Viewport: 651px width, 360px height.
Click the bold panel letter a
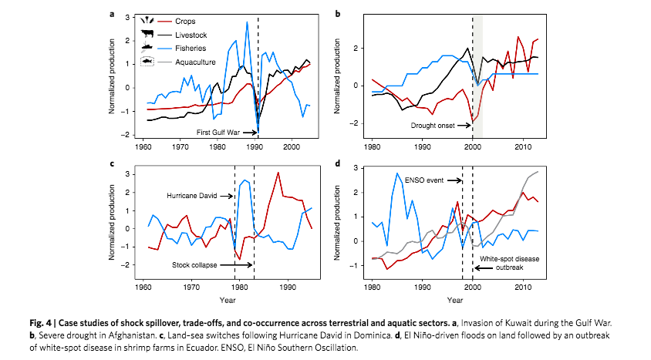(x=112, y=12)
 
